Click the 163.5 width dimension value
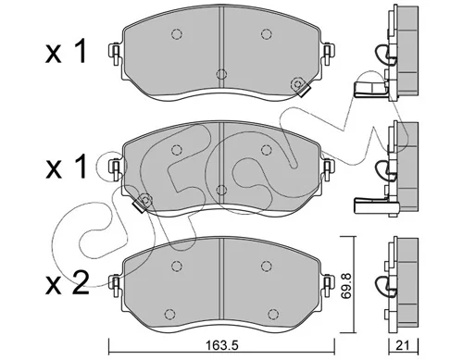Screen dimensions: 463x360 (x=221, y=345)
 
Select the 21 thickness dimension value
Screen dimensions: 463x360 (x=402, y=345)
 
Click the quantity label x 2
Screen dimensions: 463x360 (x=68, y=282)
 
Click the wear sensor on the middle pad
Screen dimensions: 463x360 (x=143, y=202)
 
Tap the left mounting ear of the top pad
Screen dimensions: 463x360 (x=115, y=54)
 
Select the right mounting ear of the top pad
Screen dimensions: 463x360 (x=328, y=54)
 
